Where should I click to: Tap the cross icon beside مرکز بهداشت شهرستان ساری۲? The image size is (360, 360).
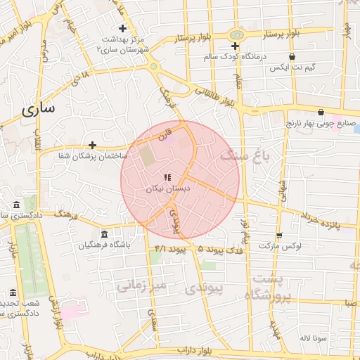[123, 29]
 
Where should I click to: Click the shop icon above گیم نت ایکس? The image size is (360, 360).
[292, 56]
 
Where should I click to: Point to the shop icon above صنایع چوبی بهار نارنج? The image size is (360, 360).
[321, 112]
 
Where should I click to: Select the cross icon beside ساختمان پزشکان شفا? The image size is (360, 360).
[92, 144]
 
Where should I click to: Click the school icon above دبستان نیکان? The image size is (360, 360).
[167, 177]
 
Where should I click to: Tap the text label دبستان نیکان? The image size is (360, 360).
[168, 189]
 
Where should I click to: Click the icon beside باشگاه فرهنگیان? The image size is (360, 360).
[104, 234]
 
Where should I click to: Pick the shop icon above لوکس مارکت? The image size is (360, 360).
[279, 236]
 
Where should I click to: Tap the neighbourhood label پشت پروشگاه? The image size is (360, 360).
[268, 287]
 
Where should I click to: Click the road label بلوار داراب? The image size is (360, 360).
[191, 349]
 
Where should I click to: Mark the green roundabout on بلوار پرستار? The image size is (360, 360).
[237, 34]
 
